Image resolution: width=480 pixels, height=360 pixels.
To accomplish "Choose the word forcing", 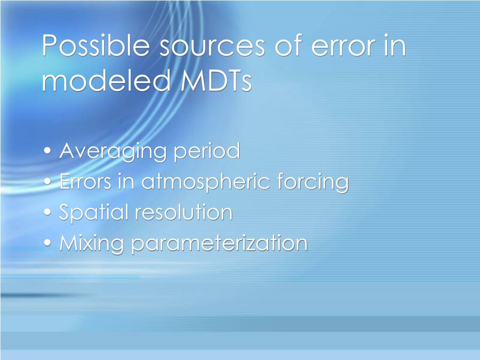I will pos(313,182).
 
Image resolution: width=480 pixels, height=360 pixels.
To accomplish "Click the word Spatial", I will pos(94,212).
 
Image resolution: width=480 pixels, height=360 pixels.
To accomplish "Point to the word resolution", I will pos(184,212).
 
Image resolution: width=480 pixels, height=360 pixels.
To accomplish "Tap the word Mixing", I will pos(92,243).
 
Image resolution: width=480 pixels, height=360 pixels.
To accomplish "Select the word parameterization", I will pos(219,243).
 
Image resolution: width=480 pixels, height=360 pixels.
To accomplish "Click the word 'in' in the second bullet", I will pos(126,182).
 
